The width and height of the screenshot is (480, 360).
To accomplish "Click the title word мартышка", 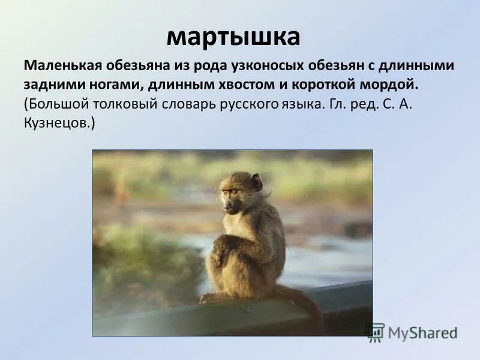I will (233, 37).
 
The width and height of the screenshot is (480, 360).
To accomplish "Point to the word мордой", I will (387, 84).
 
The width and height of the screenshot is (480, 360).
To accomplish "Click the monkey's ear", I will (256, 182).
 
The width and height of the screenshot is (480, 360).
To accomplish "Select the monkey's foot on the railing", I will (210, 298).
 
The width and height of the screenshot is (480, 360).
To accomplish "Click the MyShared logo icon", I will (375, 332).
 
